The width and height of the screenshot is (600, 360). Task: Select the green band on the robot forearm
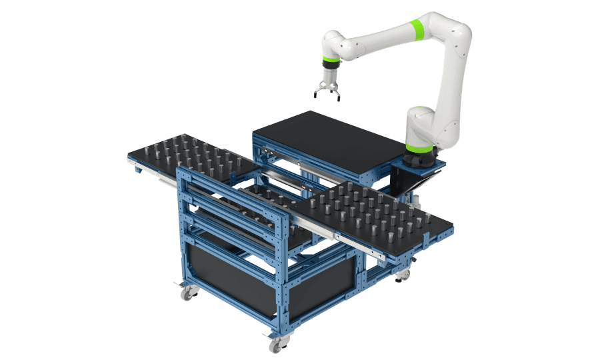(x=417, y=30)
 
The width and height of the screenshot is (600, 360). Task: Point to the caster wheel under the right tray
(x=403, y=273)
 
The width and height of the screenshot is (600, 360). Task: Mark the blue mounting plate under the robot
(x=420, y=163)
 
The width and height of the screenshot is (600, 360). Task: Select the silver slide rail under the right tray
(x=360, y=244)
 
